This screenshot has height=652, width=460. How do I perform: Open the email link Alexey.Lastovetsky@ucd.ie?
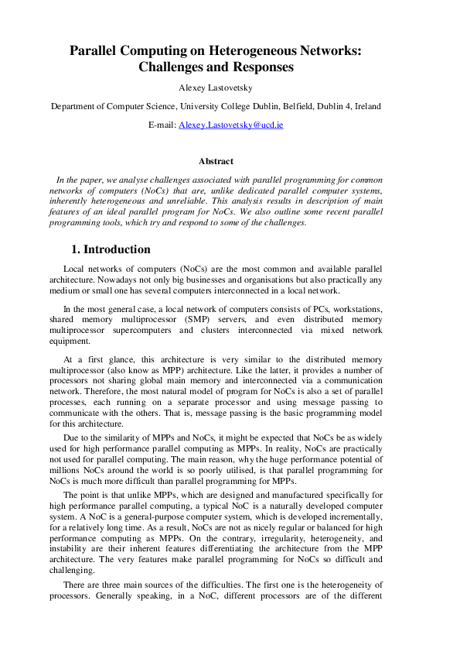[x=230, y=124]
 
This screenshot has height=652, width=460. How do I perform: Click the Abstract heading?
[x=216, y=161]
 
